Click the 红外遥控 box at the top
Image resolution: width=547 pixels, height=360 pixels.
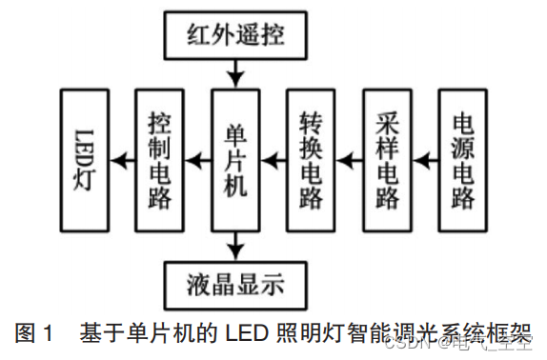234,36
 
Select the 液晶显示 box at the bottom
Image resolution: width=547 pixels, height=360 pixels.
234,283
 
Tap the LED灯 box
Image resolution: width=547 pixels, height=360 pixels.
84,160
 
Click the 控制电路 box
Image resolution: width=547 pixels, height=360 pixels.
159,160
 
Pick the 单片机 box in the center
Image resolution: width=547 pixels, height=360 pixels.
235,160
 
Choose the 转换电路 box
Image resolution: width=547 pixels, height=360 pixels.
311,160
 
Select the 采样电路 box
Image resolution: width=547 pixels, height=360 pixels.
386,160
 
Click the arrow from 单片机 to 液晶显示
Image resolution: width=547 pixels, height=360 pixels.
234,246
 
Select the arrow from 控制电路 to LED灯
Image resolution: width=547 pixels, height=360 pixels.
122,160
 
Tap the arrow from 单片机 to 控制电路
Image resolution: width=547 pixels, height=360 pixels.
197,160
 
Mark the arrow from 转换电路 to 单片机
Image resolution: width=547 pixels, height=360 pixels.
273,160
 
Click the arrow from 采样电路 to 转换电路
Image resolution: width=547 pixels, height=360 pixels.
349,160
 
